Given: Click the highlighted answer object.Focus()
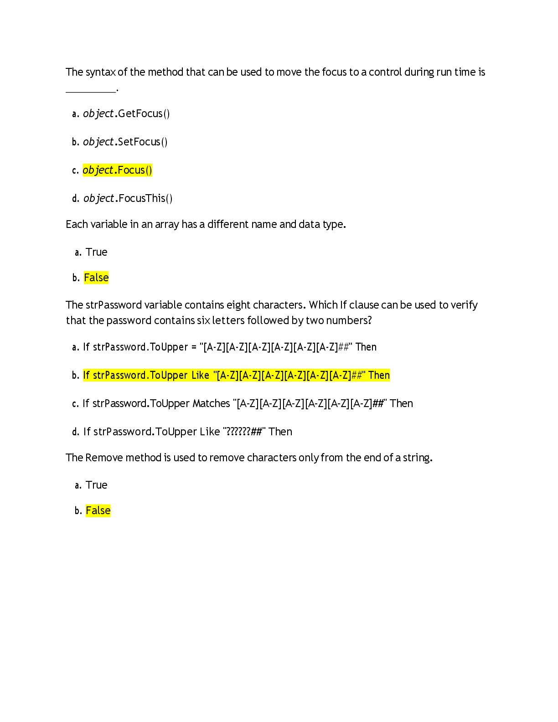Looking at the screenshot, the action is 117,170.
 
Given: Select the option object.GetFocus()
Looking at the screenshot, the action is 126,113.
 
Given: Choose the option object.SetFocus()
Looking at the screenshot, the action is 125,142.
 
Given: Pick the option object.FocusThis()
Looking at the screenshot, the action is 128,198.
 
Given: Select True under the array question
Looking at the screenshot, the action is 96,252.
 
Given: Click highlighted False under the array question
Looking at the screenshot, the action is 96,278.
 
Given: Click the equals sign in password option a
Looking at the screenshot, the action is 194,347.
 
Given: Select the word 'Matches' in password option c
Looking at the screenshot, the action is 212,403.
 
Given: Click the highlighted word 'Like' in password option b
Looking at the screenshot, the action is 201,376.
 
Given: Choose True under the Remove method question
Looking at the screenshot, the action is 96,485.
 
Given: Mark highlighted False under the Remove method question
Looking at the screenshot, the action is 98,511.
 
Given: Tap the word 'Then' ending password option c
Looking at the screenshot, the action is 401,403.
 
